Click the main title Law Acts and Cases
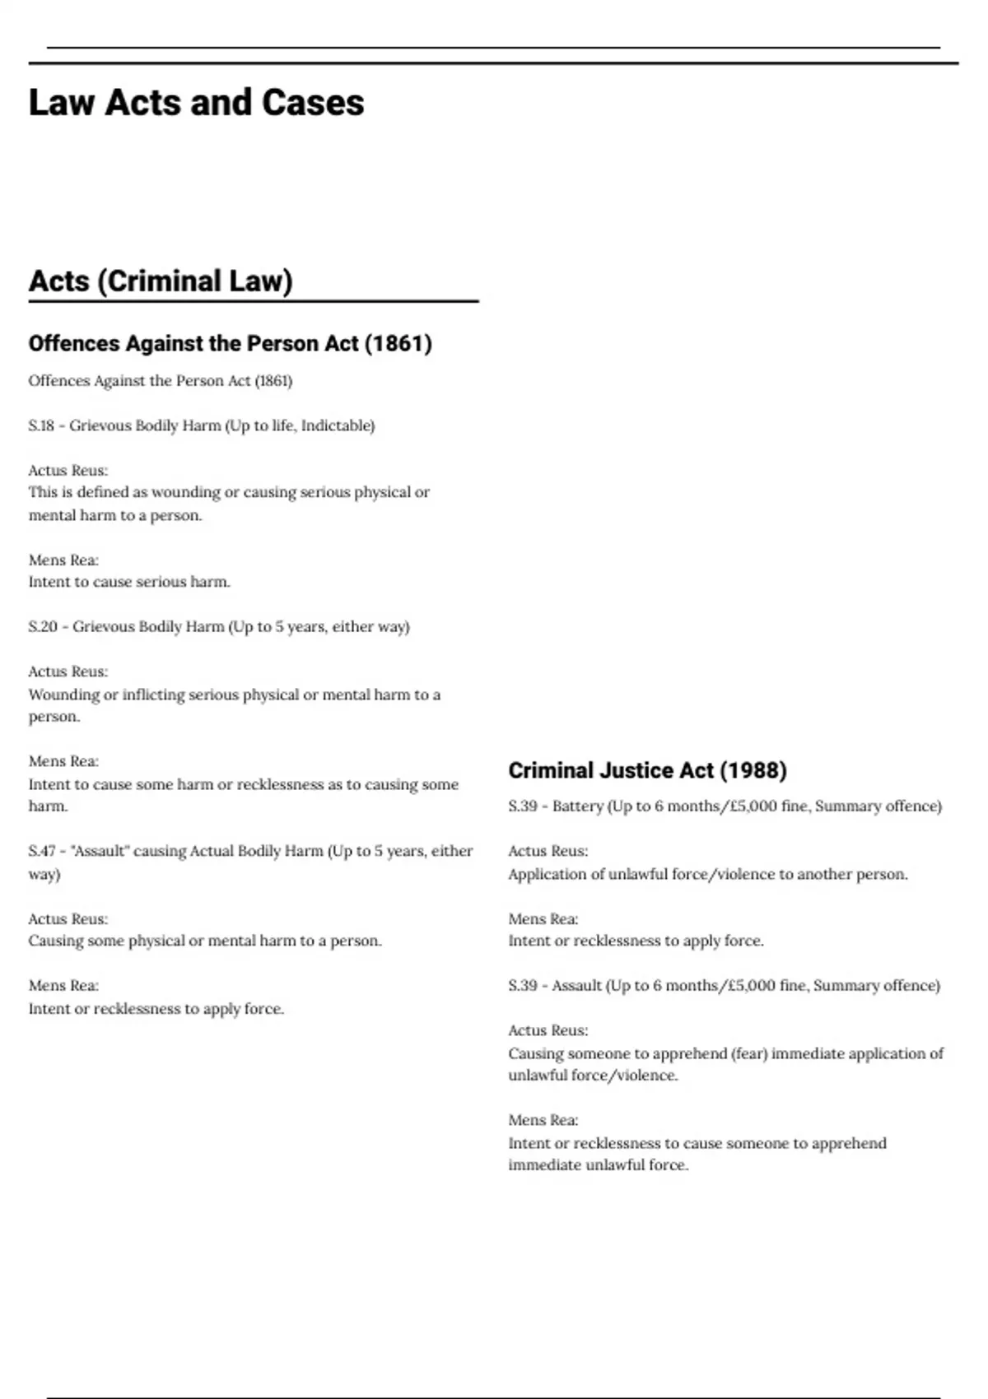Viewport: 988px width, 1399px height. pos(196,103)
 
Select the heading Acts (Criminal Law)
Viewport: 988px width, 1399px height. pos(161,281)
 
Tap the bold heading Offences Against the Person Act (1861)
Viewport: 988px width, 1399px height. pos(230,343)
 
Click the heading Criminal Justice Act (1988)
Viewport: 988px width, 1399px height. pos(647,770)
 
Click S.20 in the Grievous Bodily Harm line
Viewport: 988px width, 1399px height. pos(43,626)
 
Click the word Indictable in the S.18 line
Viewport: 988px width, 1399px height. pos(338,425)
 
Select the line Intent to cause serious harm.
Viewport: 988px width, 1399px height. pos(129,582)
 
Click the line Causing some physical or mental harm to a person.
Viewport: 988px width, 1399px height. pos(205,941)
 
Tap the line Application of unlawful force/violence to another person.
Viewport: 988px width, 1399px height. pos(708,874)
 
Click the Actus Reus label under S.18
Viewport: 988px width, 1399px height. pos(68,471)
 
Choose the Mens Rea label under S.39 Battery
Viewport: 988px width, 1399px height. pos(543,919)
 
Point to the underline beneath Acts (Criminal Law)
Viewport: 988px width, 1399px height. pos(254,302)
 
